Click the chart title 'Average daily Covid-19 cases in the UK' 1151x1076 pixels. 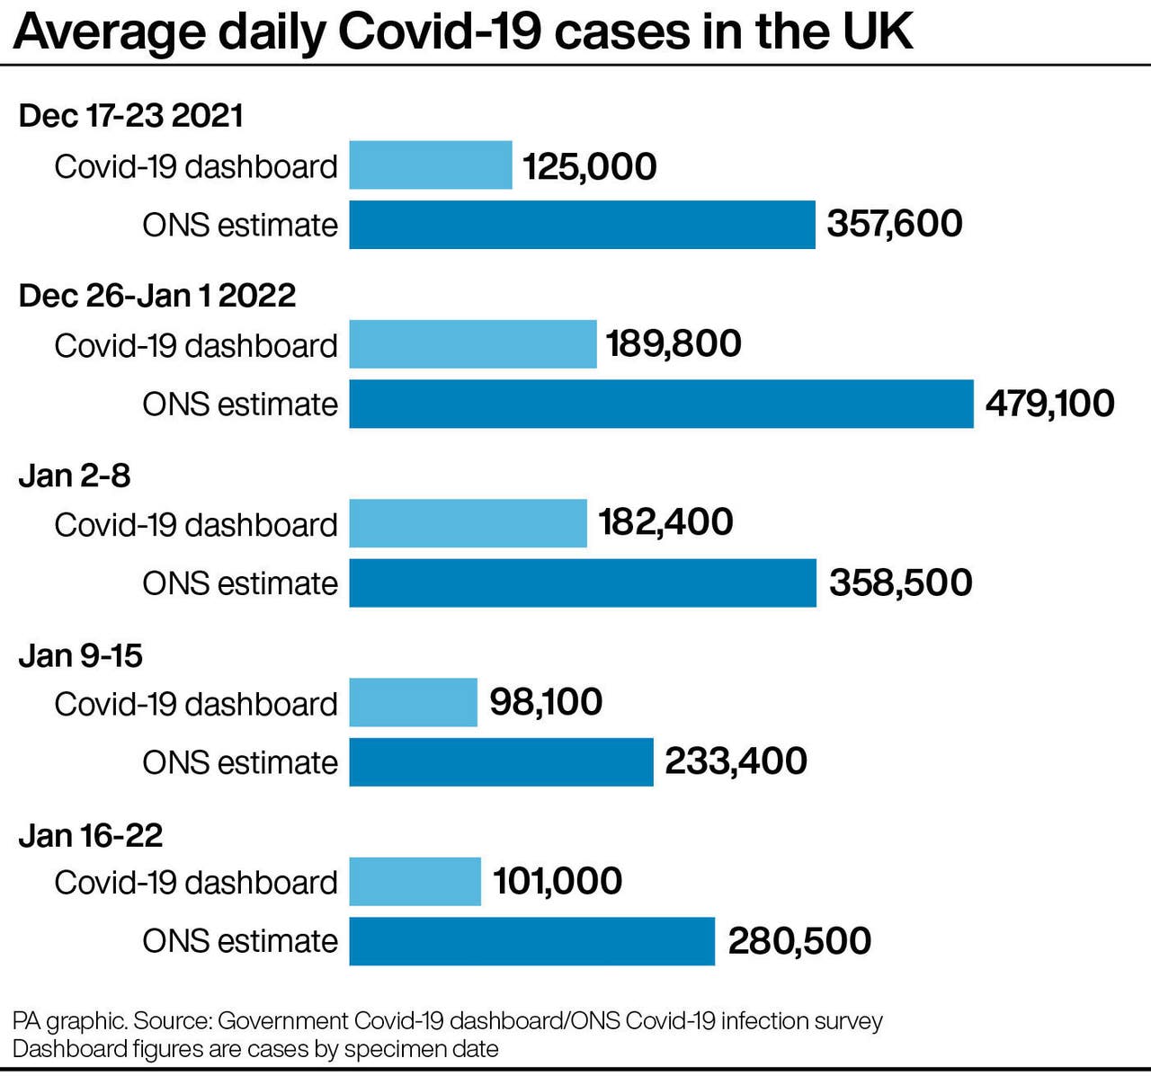point(463,31)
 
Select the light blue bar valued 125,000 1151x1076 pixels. point(430,165)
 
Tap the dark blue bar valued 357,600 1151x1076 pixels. point(582,225)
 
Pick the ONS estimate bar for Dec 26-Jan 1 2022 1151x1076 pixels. point(661,404)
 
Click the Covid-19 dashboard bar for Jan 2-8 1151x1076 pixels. point(468,523)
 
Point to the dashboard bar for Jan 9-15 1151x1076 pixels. point(413,702)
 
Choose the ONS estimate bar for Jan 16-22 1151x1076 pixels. point(531,941)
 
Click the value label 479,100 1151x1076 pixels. point(1049,404)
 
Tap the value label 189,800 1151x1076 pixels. point(674,343)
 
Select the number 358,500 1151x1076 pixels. point(900,582)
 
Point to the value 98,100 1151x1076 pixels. point(546,702)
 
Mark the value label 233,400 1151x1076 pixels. point(736,761)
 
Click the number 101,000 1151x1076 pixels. point(557,881)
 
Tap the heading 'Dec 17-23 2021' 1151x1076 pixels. point(131,116)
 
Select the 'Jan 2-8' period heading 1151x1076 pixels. point(75,476)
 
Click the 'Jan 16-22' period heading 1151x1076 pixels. point(91,835)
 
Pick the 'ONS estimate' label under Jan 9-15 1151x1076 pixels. point(240,762)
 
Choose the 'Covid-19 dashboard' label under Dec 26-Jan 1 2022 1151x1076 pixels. point(196,345)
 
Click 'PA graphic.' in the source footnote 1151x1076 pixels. point(70,1021)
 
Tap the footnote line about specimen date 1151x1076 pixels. point(255,1049)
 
